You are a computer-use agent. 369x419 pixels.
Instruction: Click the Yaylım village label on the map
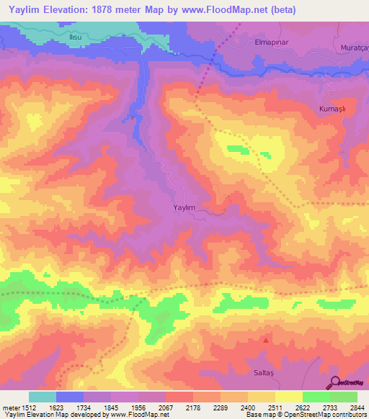(x=184, y=207)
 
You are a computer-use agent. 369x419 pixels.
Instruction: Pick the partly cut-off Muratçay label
(x=353, y=48)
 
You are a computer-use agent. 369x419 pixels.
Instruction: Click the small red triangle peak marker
(x=267, y=340)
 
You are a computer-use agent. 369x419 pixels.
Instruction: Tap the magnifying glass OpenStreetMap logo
(x=337, y=382)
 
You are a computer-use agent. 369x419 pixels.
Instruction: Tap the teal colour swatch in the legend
(x=43, y=397)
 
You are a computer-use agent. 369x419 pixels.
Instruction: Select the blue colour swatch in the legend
(x=70, y=397)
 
